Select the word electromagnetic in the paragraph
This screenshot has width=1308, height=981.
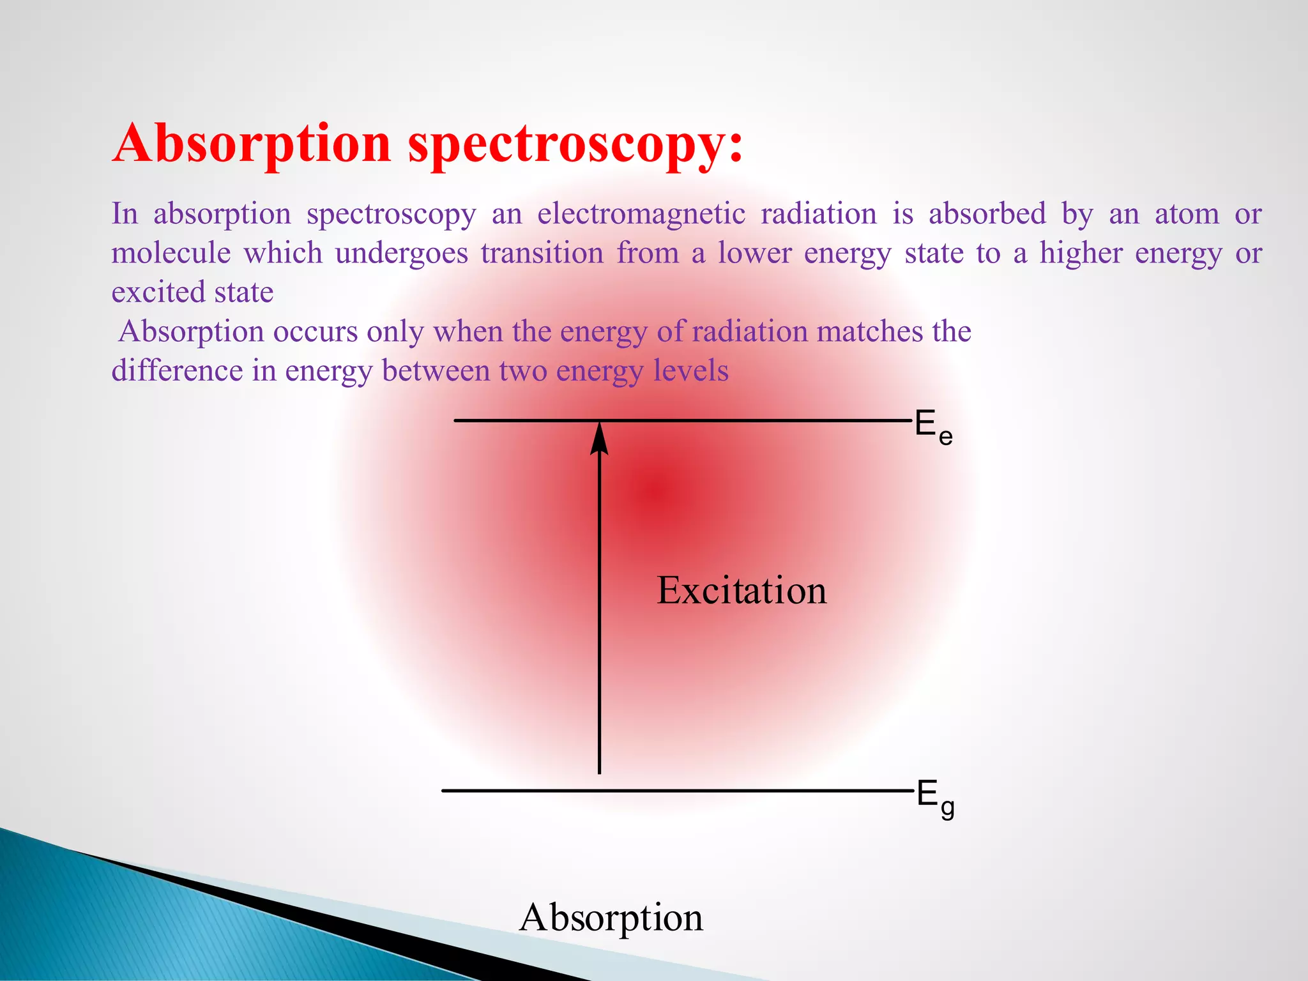(x=641, y=214)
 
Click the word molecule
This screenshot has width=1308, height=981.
(x=171, y=253)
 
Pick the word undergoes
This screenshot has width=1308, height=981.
(x=401, y=254)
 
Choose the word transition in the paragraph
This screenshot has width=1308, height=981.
(x=542, y=253)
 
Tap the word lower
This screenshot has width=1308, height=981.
(x=754, y=253)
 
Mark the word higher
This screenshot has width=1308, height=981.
(x=1081, y=254)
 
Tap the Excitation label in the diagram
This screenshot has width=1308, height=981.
(x=741, y=590)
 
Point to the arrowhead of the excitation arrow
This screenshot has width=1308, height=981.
(x=599, y=439)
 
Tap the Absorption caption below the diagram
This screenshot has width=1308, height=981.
(x=611, y=918)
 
